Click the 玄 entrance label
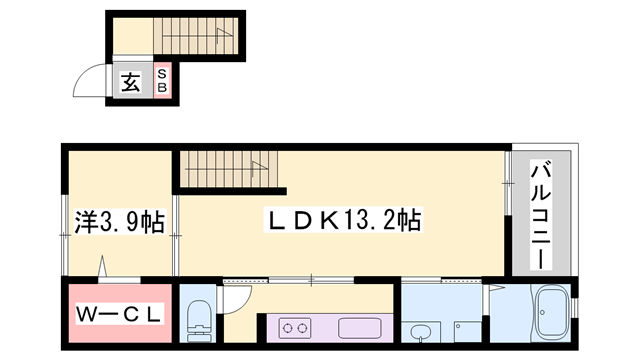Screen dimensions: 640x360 click(x=131, y=82)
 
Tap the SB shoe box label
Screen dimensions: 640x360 click(x=162, y=80)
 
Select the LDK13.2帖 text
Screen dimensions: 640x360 click(x=343, y=220)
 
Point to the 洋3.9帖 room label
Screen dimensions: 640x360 click(x=120, y=222)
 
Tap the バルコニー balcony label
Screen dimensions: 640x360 click(x=541, y=215)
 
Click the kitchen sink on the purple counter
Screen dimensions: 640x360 click(x=360, y=328)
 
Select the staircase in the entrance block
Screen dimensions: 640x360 click(x=196, y=36)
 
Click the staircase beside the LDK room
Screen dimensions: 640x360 click(x=229, y=169)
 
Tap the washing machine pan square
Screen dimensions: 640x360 click(x=468, y=332)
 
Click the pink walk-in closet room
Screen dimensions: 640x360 click(x=120, y=313)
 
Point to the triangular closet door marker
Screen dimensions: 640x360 click(x=102, y=266)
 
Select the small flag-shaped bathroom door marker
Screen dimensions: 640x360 click(x=495, y=289)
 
